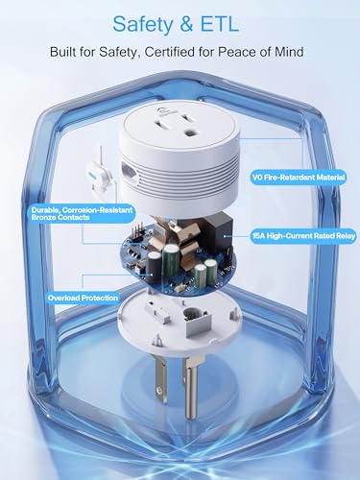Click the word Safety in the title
[143, 24]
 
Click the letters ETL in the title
[222, 23]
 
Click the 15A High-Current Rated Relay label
[303, 236]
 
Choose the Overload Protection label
[83, 298]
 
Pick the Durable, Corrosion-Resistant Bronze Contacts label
[83, 214]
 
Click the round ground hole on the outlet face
[192, 132]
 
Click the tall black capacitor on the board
[155, 267]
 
